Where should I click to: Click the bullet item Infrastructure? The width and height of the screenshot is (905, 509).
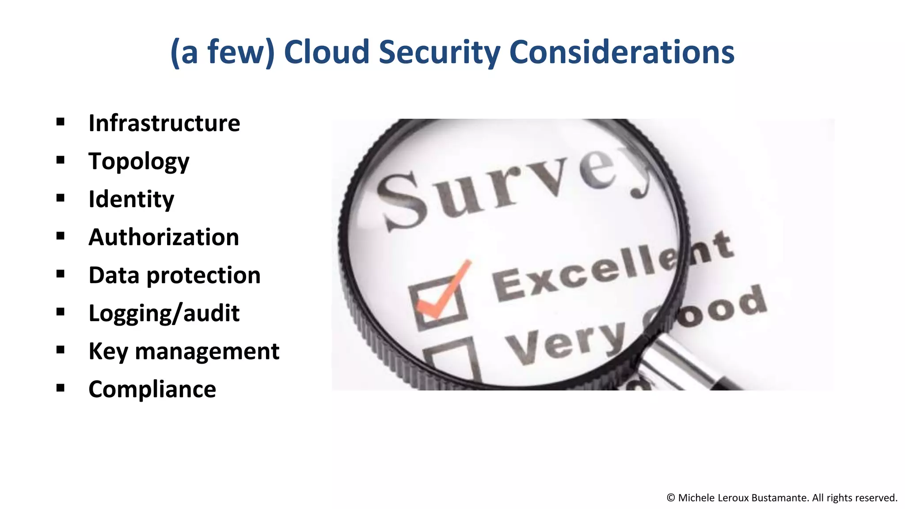point(164,123)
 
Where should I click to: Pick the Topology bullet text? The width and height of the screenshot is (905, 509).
point(139,162)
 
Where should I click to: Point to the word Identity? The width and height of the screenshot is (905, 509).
point(131,199)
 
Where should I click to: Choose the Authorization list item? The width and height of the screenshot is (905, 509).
point(164,237)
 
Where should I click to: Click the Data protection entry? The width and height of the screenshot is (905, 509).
point(175,275)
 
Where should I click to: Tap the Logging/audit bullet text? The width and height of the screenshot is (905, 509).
point(164,314)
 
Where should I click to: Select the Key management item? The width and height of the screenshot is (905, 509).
point(184,352)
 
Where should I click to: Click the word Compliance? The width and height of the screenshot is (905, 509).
point(152,389)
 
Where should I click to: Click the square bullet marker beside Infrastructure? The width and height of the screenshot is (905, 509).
point(61,122)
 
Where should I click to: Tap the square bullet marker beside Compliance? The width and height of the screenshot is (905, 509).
point(61,388)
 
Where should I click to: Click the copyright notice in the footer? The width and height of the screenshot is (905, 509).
point(782,498)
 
